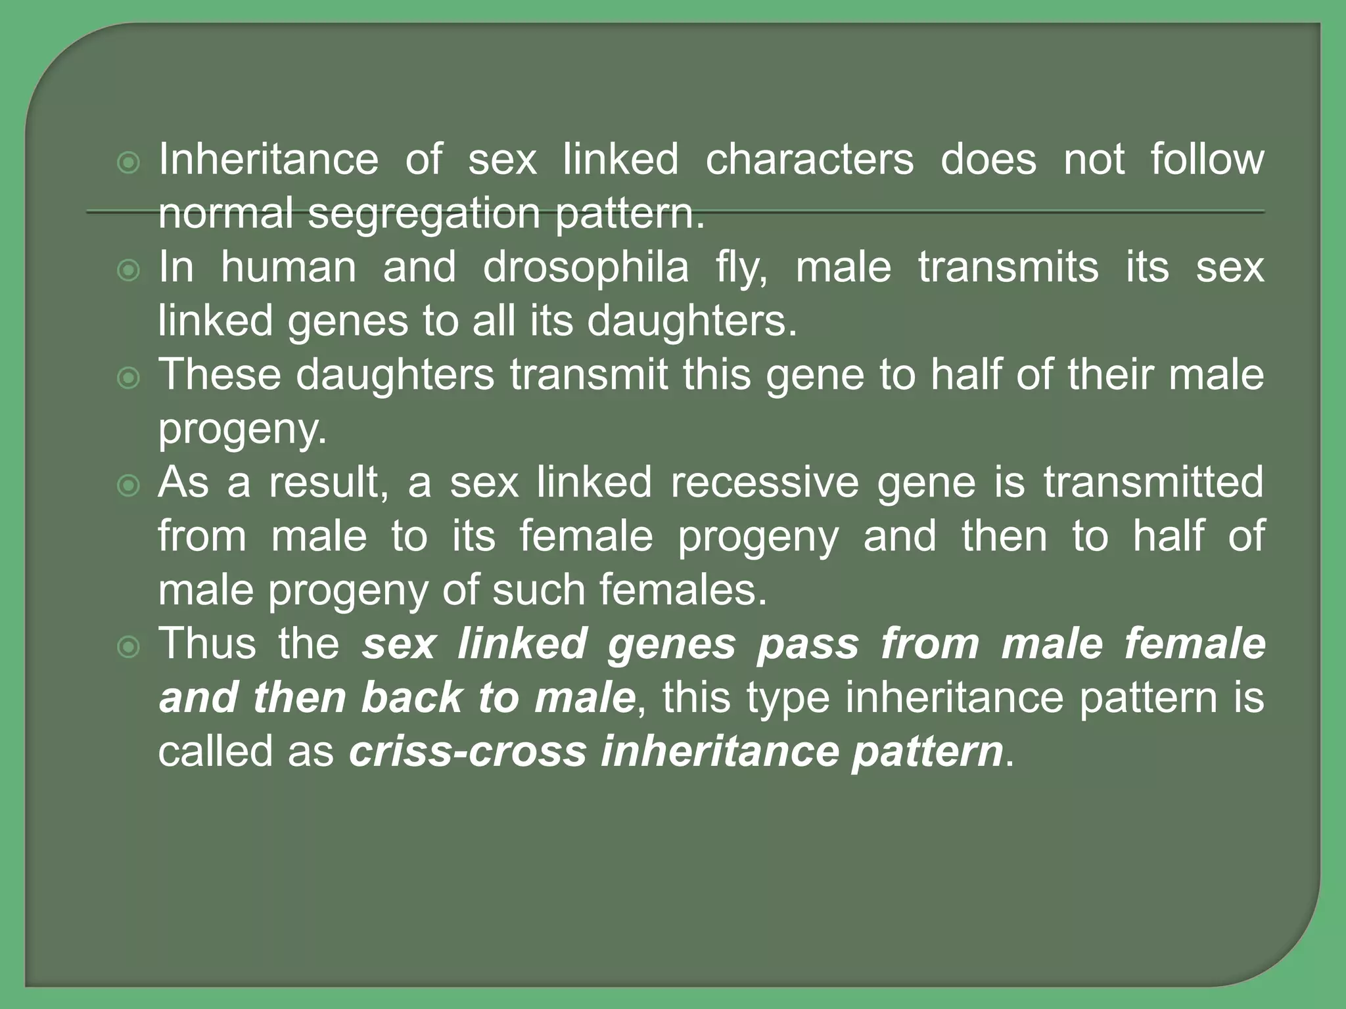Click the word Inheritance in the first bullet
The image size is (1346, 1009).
point(268,160)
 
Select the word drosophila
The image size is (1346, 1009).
point(586,267)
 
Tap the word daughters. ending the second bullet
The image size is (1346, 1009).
point(691,321)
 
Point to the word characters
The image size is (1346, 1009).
point(809,160)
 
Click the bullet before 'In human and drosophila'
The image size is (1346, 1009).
point(128,270)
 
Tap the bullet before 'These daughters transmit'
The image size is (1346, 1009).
point(128,378)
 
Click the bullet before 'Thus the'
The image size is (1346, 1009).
point(128,648)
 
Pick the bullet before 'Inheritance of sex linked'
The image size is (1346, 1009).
point(128,162)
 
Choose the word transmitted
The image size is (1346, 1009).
point(1153,483)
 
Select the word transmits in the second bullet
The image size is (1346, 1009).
point(1008,267)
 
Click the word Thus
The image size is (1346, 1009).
point(207,644)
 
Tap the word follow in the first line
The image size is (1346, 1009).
point(1207,160)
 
